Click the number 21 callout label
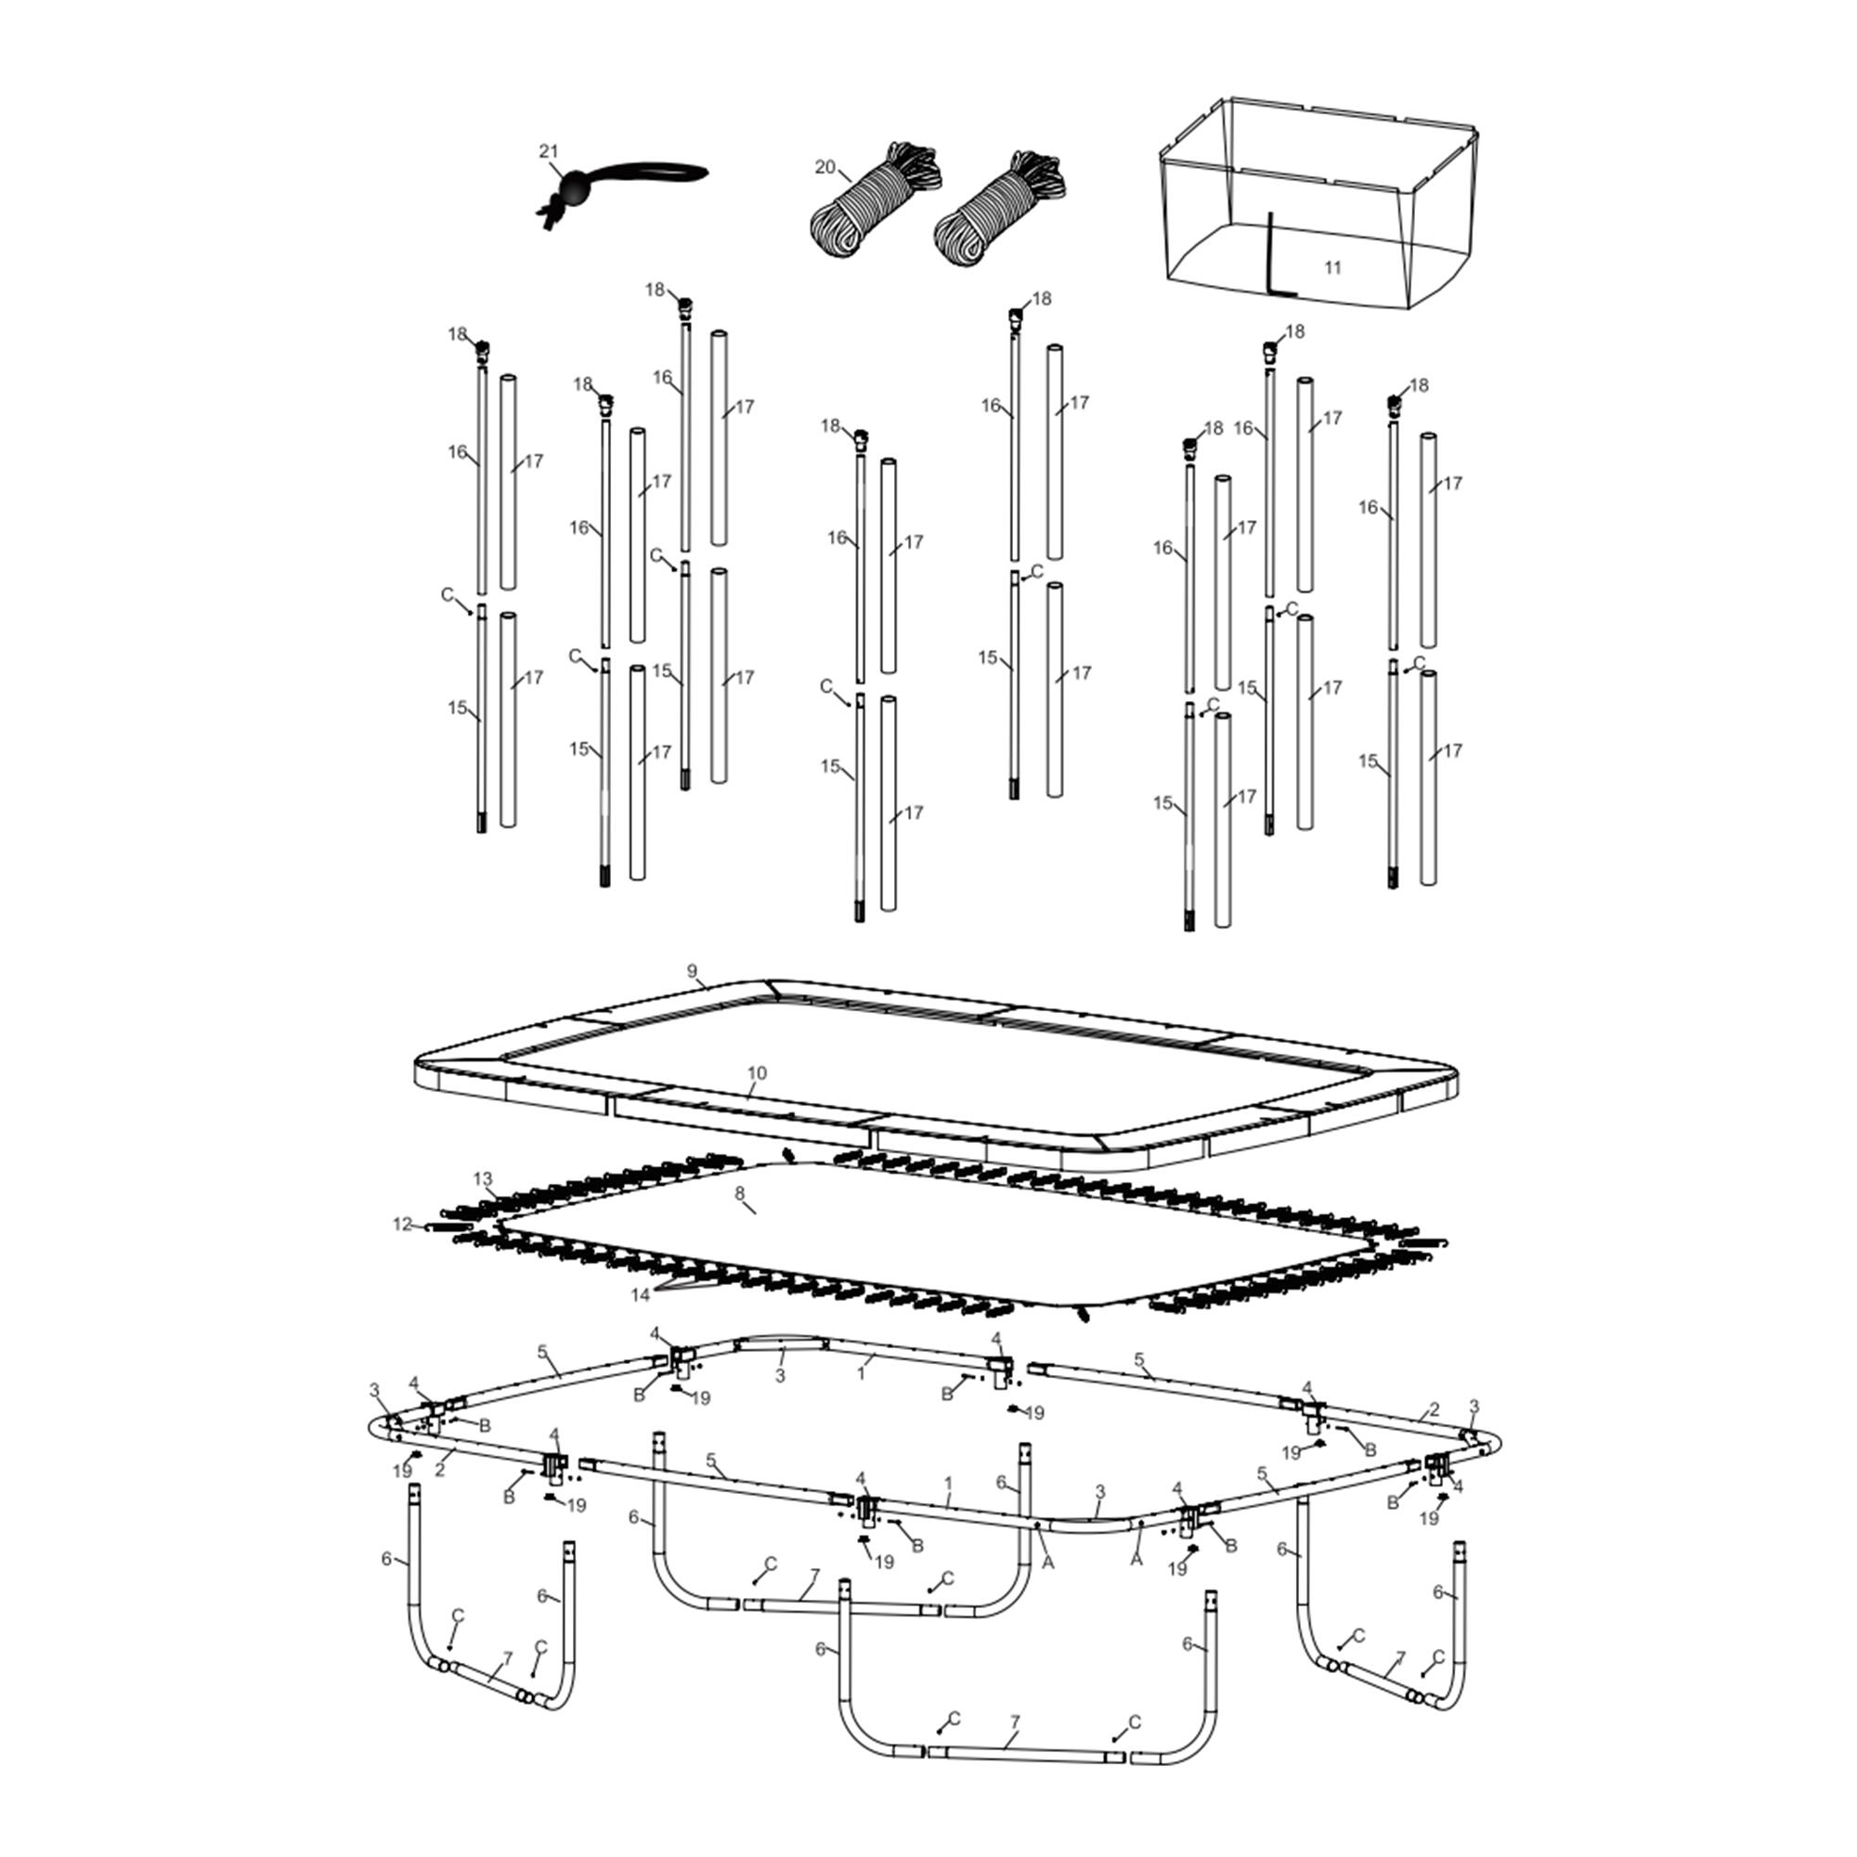548,151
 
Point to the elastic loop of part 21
644,174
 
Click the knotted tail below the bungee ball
551,213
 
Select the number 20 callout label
825,167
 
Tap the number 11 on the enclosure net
1332,267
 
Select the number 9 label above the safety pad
692,971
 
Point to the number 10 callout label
758,1072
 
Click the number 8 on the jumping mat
739,1193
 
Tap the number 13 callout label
483,1178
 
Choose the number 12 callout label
402,1225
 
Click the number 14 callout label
640,1294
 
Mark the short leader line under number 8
747,1207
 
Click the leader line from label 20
845,175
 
